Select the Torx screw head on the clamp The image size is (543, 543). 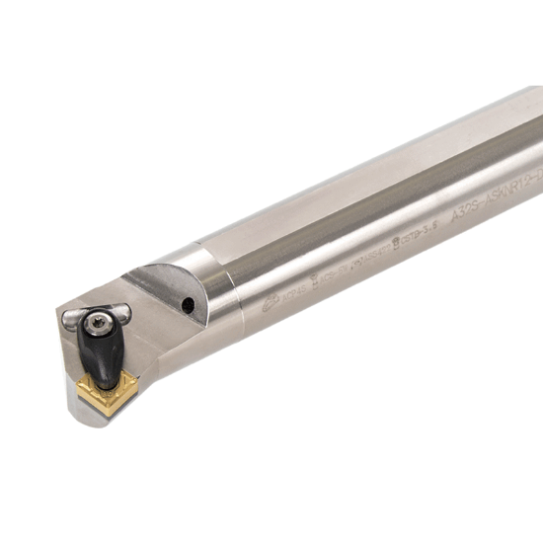(x=97, y=324)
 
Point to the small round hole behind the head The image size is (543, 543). (x=188, y=306)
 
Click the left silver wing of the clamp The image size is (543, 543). (x=72, y=319)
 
